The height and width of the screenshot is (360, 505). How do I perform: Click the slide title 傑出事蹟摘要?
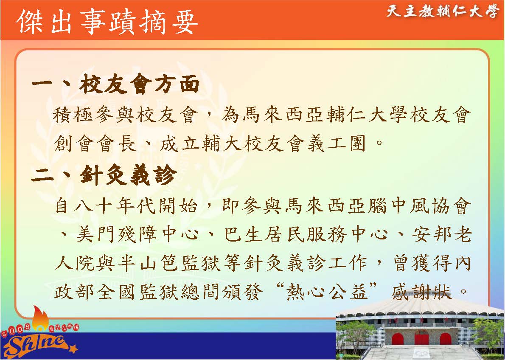107,22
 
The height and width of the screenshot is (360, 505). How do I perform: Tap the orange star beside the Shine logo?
74,349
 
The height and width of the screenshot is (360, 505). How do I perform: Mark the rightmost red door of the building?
445,339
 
